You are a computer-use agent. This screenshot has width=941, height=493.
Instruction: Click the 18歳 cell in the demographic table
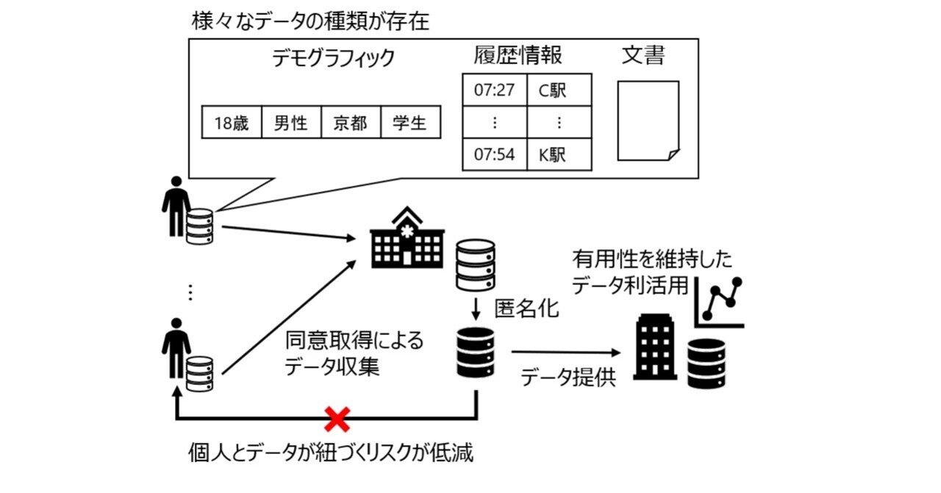232,123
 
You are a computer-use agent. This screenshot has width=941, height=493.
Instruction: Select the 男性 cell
291,123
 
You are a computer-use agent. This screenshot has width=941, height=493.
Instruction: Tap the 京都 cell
351,123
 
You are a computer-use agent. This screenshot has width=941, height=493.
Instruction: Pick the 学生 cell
410,123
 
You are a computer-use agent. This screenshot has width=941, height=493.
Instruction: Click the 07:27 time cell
495,90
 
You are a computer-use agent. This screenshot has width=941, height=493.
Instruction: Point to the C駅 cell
559,90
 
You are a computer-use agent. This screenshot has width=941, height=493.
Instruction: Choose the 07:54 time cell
495,155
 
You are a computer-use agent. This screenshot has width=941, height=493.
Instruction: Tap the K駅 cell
559,155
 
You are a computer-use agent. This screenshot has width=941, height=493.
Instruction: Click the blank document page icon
648,121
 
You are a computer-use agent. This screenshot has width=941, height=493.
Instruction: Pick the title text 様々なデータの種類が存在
310,21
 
